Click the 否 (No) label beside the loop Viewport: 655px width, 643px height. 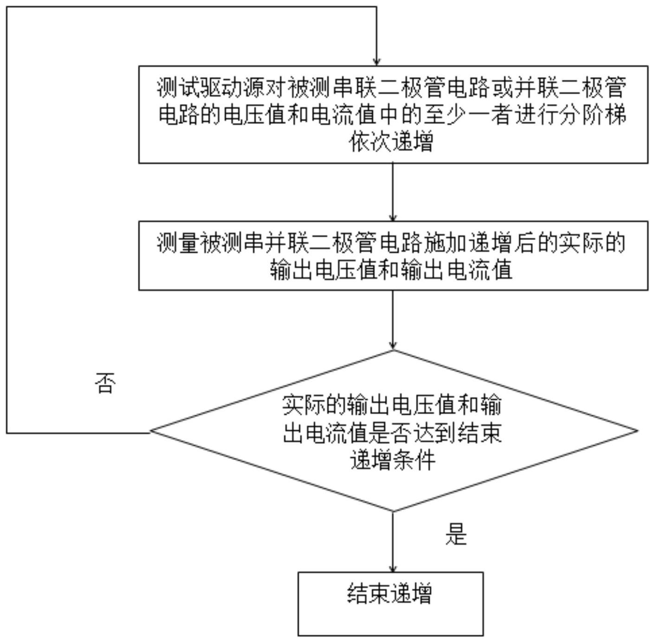click(x=105, y=383)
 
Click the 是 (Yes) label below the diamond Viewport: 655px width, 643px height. click(x=456, y=534)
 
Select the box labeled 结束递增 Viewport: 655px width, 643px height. click(x=390, y=604)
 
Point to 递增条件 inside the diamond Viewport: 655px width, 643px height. click(x=392, y=461)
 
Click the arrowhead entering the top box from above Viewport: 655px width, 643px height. click(x=376, y=62)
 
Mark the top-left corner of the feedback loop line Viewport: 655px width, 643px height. click(x=7, y=7)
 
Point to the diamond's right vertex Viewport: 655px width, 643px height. click(x=638, y=430)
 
